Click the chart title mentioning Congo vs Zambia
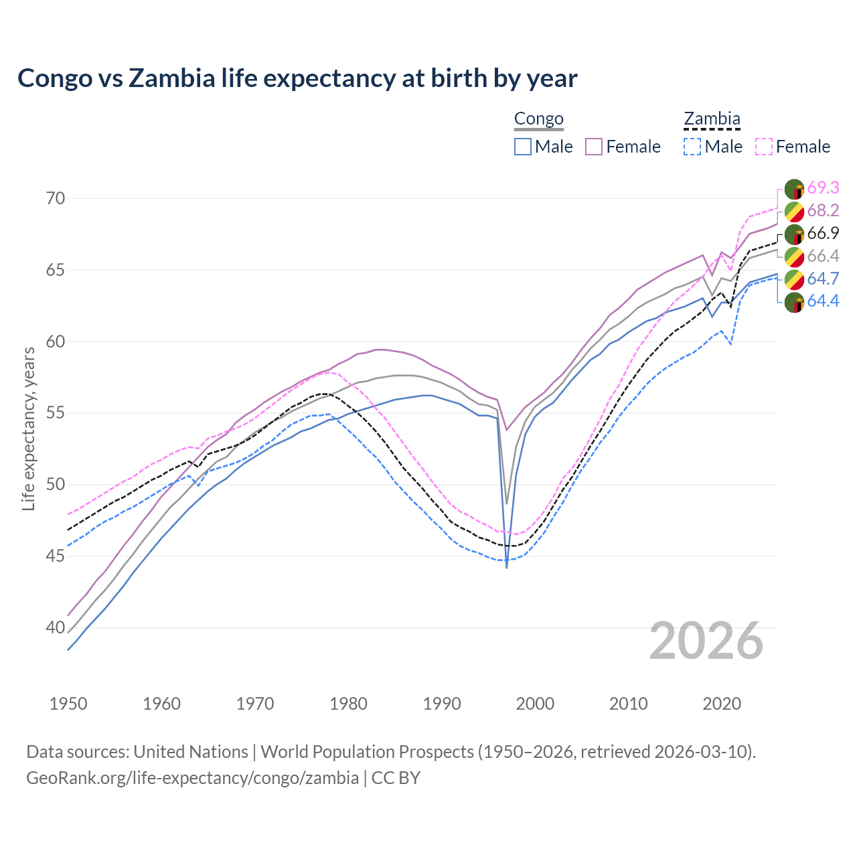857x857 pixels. (297, 78)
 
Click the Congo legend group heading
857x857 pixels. (538, 119)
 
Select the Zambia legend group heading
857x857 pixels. (711, 119)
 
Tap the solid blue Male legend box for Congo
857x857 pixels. (523, 147)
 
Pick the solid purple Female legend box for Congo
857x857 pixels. (594, 147)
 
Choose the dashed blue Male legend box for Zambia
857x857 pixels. (692, 147)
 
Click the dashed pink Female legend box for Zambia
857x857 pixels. (764, 147)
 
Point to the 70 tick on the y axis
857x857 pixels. (56, 198)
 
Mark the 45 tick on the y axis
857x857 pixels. (56, 556)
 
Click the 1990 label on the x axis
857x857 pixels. (442, 704)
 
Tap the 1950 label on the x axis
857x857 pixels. (68, 704)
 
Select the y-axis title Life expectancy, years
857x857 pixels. (28, 428)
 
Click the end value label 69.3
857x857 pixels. (823, 187)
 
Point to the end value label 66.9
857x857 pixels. (823, 233)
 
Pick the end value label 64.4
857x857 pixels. (823, 301)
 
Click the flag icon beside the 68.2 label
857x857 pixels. (794, 211)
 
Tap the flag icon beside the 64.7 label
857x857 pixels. (794, 279)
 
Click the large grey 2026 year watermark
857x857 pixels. (706, 641)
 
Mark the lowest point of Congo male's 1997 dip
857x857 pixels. (507, 567)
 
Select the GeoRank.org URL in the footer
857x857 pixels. (192, 778)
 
